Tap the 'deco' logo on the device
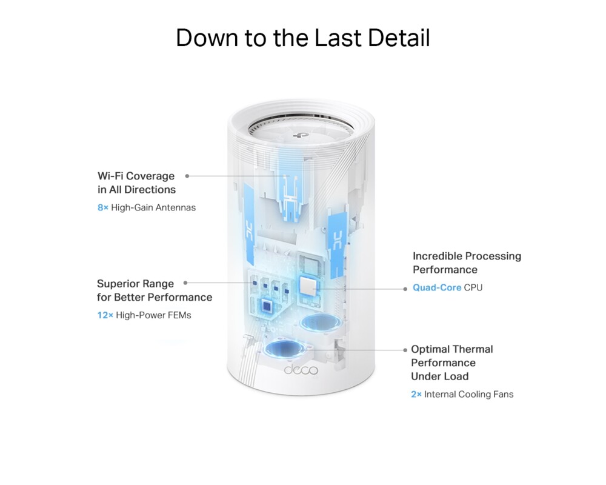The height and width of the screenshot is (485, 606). click(x=301, y=370)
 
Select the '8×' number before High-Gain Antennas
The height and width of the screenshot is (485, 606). click(x=102, y=208)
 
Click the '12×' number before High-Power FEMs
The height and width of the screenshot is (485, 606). click(x=105, y=315)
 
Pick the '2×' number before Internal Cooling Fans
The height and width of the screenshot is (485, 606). click(x=416, y=395)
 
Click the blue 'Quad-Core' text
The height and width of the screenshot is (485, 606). click(x=437, y=287)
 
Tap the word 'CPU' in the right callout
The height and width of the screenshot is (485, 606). click(x=473, y=287)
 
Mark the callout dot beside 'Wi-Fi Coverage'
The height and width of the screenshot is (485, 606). click(x=187, y=176)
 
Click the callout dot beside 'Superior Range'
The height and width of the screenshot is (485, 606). click(x=185, y=283)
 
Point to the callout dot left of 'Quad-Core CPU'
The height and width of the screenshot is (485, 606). click(x=405, y=289)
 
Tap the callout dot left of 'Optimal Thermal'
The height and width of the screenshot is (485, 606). click(x=404, y=350)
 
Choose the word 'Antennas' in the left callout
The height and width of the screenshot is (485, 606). click(x=176, y=208)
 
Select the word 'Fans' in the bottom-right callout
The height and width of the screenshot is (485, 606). click(x=502, y=395)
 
